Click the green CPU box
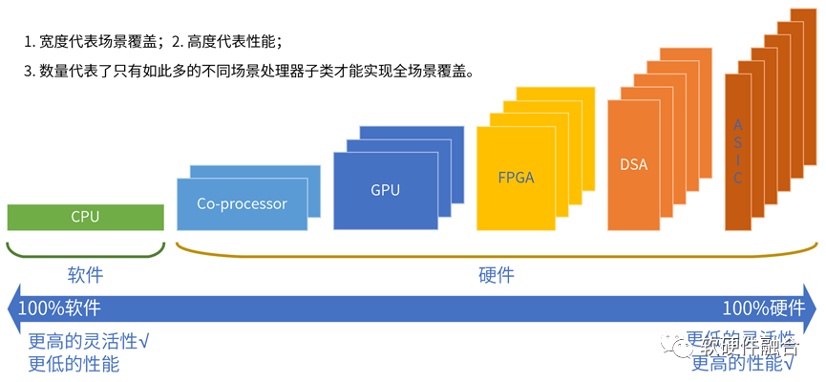pos(85,217)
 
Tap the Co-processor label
pos(242,203)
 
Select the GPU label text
pos(385,190)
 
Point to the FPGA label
pos(516,177)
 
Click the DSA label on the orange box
pos(633,164)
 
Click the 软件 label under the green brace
pos(85,275)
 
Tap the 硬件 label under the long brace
pos(496,275)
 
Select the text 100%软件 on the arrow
pos(59,308)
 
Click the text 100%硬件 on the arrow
pos(763,308)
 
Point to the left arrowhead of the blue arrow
pos(12,308)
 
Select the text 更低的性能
pos(74,364)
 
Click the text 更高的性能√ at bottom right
pos(743,365)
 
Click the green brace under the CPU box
pos(85,250)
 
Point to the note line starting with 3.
pos(249,72)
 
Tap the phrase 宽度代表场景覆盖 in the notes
pos(100,42)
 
